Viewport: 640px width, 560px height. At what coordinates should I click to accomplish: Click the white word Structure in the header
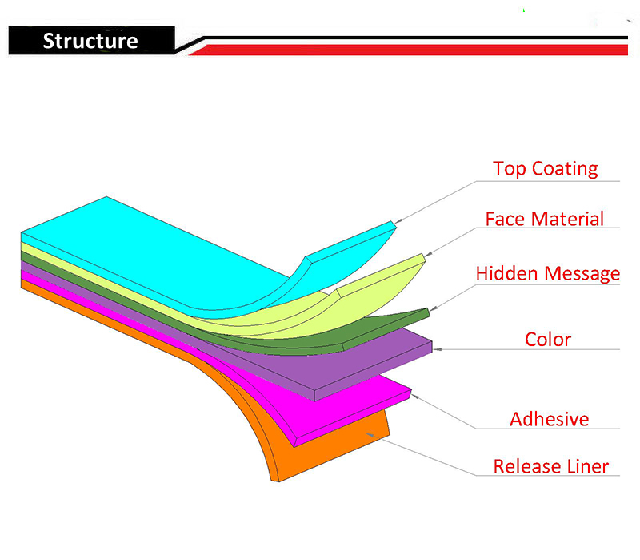click(90, 41)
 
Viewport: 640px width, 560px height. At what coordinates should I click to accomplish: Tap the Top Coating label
click(546, 169)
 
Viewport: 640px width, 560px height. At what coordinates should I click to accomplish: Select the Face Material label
click(545, 219)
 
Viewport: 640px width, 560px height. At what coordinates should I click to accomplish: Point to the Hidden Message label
click(548, 274)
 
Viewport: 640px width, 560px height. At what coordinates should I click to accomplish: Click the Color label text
click(548, 339)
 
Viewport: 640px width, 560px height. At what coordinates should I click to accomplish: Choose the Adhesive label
click(550, 419)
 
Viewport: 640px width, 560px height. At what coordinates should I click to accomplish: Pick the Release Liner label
click(551, 466)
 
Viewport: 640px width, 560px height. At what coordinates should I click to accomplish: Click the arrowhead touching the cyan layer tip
click(398, 221)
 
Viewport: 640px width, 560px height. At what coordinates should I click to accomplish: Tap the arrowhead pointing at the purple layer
click(437, 349)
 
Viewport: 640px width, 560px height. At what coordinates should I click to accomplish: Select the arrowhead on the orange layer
click(370, 435)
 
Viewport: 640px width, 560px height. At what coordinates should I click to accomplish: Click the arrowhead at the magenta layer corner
click(414, 396)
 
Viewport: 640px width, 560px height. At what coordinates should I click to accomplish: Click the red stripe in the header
click(408, 50)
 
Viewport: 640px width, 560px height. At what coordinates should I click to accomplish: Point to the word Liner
click(586, 466)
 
